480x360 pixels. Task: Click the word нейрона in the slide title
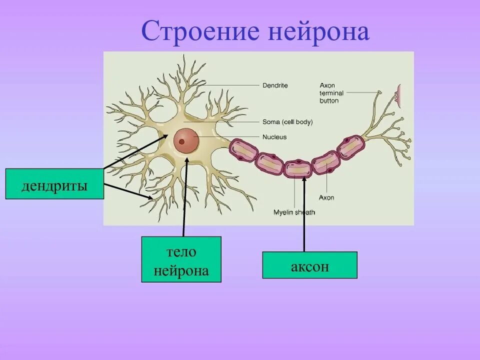(x=318, y=32)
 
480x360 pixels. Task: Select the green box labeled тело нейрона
(x=181, y=259)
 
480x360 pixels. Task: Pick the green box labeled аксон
(x=309, y=265)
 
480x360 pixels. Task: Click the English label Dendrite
(x=275, y=85)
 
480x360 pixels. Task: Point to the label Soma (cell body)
(x=287, y=121)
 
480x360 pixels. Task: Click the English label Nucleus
(x=274, y=136)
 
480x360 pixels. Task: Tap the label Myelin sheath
(x=294, y=212)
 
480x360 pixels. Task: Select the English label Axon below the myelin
(x=326, y=197)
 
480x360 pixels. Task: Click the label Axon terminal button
(x=331, y=93)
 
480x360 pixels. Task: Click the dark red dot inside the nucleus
(x=181, y=141)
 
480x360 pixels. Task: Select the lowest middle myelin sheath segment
(x=298, y=168)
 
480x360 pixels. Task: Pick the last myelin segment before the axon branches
(x=351, y=146)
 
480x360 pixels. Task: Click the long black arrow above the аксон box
(x=303, y=215)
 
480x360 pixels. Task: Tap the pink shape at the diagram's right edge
(x=399, y=95)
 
